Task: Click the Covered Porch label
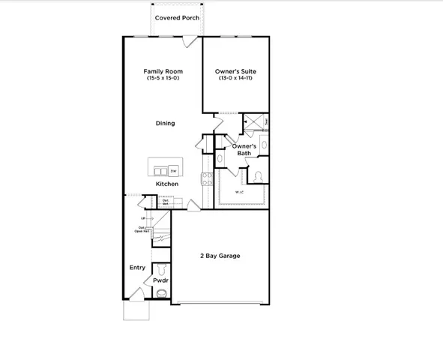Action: [177, 17]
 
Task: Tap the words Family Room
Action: [163, 72]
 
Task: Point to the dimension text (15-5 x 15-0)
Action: [163, 79]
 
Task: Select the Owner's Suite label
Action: [236, 72]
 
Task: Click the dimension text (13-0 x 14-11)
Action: [236, 79]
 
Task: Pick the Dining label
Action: [165, 123]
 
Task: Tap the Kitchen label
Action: [166, 184]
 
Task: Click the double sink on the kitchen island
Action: [160, 169]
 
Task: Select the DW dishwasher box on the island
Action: [173, 170]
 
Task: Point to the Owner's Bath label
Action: [244, 149]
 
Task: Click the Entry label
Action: [137, 268]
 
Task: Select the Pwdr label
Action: [161, 280]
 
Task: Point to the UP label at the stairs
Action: [142, 218]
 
